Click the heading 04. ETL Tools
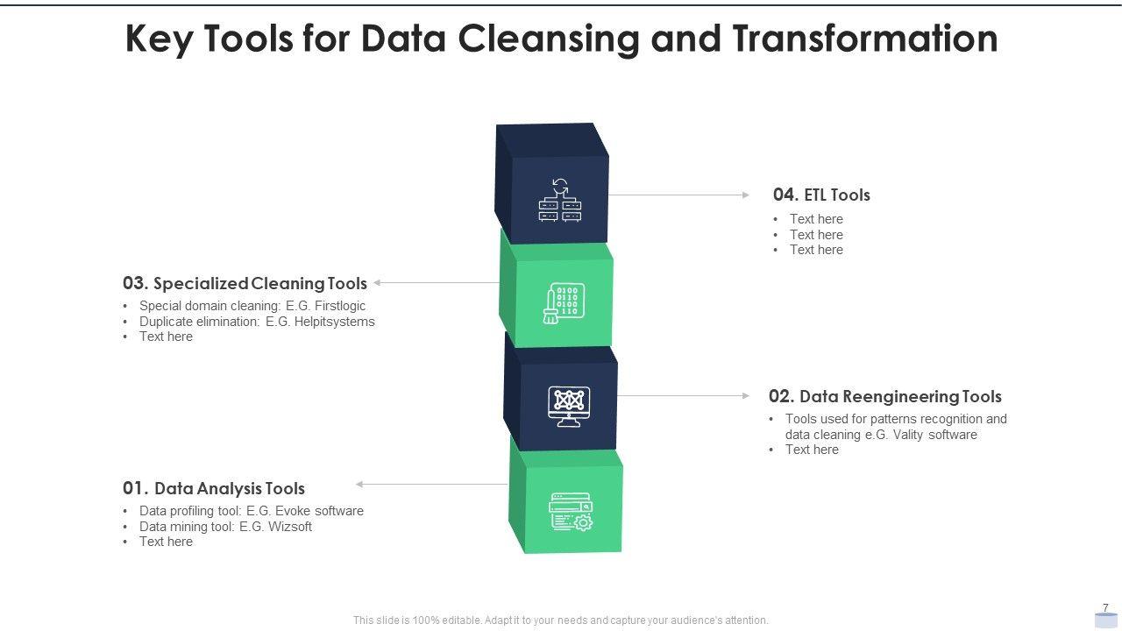(x=821, y=195)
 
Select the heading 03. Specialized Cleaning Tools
(x=245, y=283)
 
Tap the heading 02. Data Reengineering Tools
(x=884, y=396)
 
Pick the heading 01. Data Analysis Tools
(x=214, y=488)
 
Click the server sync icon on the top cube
(x=560, y=200)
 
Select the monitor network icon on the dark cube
(x=569, y=406)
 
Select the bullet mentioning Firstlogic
(x=252, y=306)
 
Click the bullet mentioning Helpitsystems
(x=257, y=322)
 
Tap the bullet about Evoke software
(x=251, y=511)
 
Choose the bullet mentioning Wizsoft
(x=225, y=527)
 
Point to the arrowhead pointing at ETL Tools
(x=746, y=195)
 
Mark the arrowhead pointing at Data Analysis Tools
(x=359, y=484)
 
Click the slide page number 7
(x=1105, y=608)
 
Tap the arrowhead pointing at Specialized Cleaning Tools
(x=377, y=283)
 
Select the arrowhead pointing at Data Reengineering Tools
(x=746, y=396)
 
